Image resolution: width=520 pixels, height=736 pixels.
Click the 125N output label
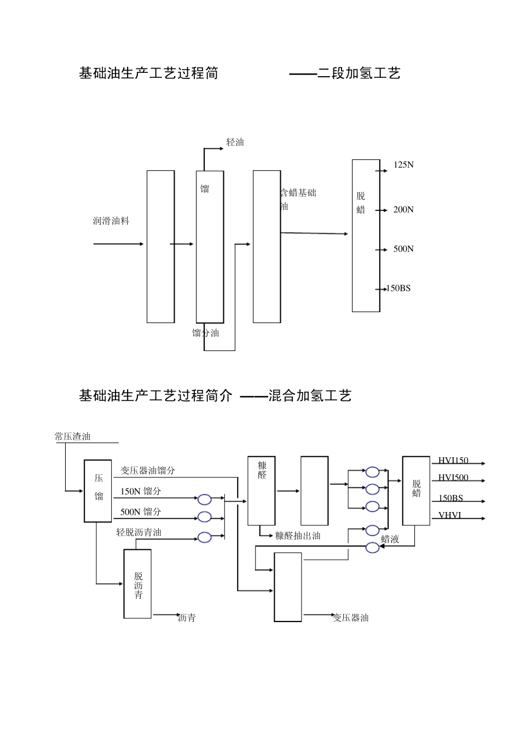pos(403,165)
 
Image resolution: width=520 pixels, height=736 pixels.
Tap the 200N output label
pos(403,210)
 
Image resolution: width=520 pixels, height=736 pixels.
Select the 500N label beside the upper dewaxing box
pos(403,249)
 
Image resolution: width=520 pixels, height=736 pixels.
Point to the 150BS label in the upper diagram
pos(398,289)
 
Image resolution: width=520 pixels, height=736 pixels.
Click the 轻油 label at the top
pos(235,142)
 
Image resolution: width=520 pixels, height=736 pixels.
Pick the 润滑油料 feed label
pos(111,221)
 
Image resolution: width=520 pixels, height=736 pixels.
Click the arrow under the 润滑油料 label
pos(118,244)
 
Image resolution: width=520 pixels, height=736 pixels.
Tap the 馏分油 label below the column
pos(206,333)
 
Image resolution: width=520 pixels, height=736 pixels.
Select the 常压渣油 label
pos(73,436)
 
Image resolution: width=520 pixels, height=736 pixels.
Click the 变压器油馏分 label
pos(148,470)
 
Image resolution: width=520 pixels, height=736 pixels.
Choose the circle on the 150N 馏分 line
pos(204,499)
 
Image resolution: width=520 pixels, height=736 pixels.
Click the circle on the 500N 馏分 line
pos(204,516)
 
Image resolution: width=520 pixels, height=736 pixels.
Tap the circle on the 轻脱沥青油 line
pos(204,537)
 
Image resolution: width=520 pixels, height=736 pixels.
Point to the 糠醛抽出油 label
pos(298,536)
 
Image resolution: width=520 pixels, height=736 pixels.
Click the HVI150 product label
pos(453,461)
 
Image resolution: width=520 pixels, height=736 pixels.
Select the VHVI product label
pos(450,515)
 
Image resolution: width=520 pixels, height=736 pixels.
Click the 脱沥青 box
pos(137,584)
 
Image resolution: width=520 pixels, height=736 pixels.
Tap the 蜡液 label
pos(390,539)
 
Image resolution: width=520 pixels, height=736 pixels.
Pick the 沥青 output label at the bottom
pos(187,618)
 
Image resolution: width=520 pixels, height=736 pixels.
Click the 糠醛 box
pos(262,491)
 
